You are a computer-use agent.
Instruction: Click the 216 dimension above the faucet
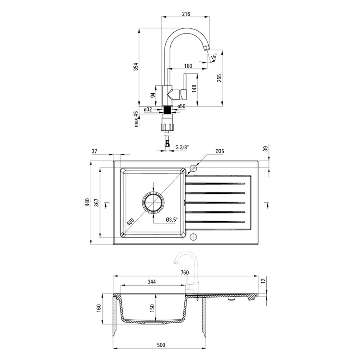tap(186, 14)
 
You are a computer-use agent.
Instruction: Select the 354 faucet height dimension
tap(136, 67)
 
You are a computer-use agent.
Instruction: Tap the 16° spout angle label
tap(214, 57)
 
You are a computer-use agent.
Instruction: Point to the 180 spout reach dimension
tap(188, 66)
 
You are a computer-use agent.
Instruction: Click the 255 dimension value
tap(220, 78)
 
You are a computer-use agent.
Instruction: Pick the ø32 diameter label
tap(148, 109)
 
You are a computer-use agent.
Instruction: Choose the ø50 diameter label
tap(181, 106)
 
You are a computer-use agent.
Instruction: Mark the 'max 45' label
tap(136, 119)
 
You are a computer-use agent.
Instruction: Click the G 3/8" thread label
tap(182, 147)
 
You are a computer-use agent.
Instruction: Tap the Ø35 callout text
tap(220, 151)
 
